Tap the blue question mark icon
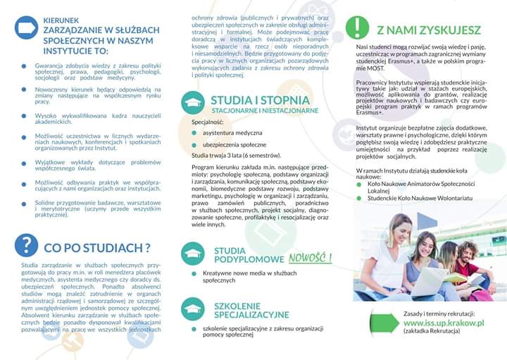pos(26,245)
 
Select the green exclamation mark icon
pos(358,27)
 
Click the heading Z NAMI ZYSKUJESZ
pos(429,30)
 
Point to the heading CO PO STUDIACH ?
pos(97,247)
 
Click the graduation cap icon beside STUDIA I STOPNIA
pos(192,103)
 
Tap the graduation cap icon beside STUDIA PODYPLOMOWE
pos(192,254)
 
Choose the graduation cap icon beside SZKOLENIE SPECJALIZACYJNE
pos(192,308)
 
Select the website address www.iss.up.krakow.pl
pos(444,323)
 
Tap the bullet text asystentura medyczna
pos(233,132)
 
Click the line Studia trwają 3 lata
pos(237,155)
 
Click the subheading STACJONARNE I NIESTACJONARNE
pos(264,111)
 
